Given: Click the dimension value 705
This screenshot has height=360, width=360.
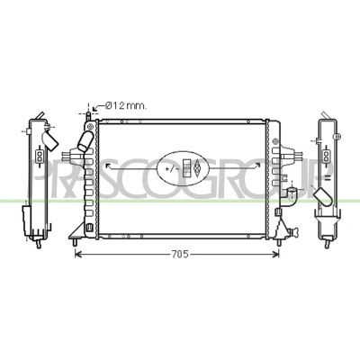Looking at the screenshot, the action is (180, 255).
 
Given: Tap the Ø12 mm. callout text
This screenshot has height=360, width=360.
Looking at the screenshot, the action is (126, 105).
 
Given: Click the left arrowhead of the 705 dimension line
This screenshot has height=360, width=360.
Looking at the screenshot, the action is (78, 255).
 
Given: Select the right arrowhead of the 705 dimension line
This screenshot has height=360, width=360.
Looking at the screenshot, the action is (275, 255).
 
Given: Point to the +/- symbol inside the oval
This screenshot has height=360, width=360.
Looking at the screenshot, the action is (170, 169).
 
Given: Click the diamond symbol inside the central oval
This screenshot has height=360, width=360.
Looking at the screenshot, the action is (197, 168).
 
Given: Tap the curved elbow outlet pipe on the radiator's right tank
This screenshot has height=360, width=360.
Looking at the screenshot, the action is (289, 196).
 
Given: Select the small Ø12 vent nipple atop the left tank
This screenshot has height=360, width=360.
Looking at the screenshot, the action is (88, 116).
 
